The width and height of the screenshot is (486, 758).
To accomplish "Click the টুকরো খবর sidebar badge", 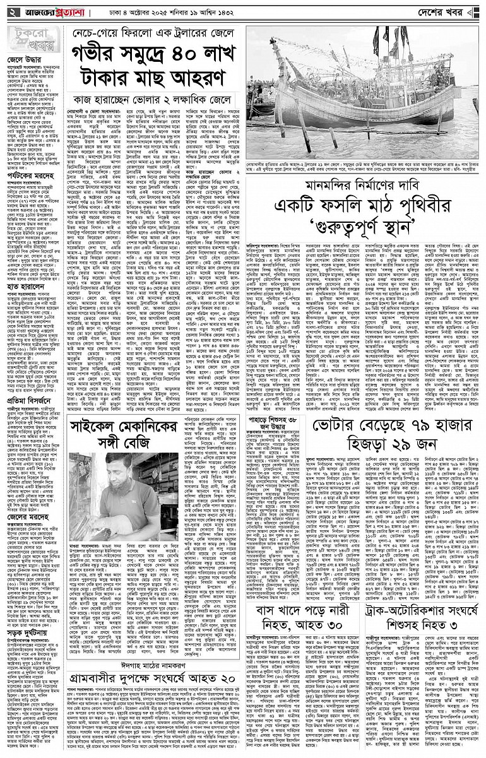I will pyautogui.click(x=32, y=40).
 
